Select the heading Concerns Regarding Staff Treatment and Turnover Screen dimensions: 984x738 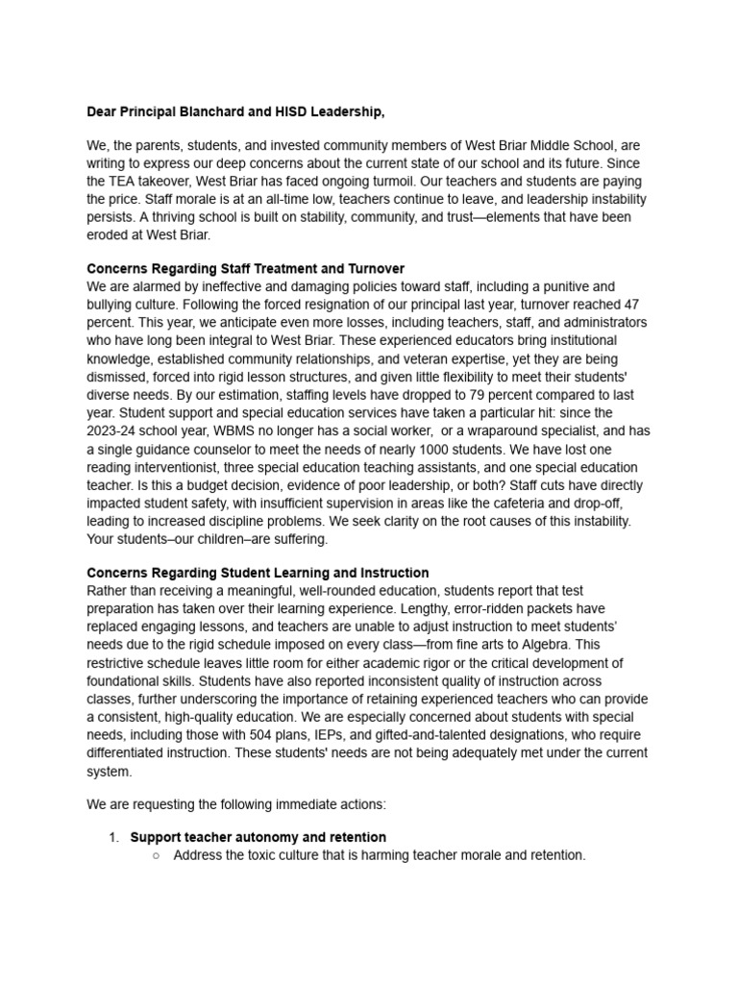click(x=245, y=268)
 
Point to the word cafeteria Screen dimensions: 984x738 click(x=506, y=504)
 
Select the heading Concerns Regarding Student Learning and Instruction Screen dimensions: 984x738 click(x=258, y=574)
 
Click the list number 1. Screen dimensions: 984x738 click(x=113, y=837)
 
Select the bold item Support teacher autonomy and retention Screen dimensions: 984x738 click(x=258, y=837)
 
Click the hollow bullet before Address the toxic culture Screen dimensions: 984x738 click(x=156, y=855)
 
